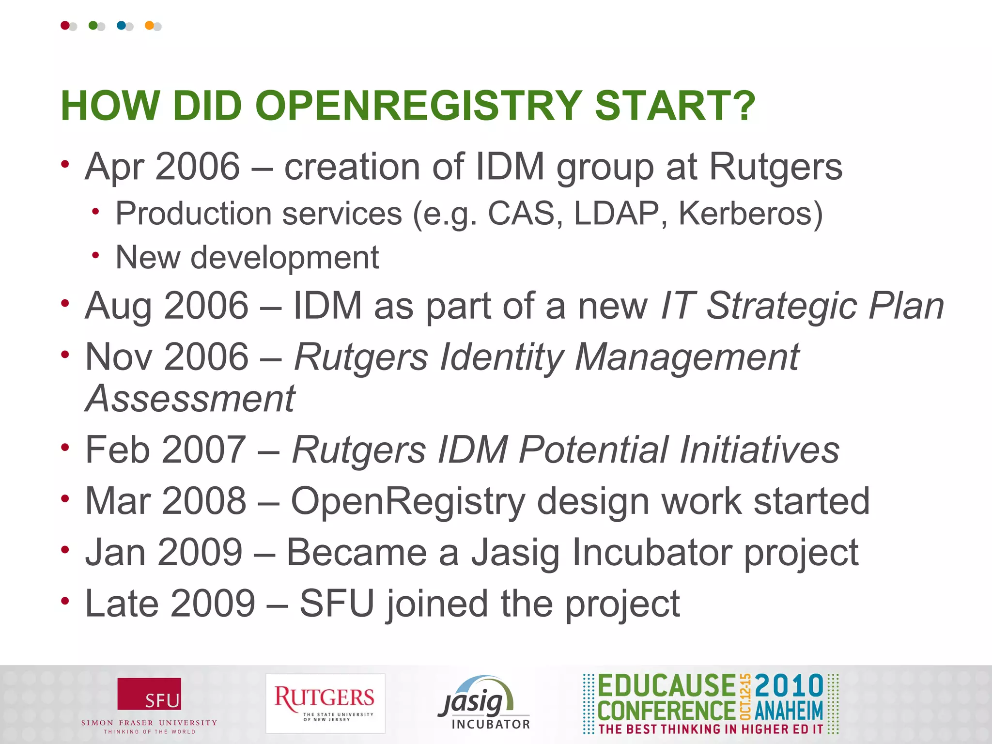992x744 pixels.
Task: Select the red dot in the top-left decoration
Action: click(x=65, y=25)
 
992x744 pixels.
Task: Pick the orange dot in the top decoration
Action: click(x=149, y=25)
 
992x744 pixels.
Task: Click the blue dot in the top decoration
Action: click(x=121, y=25)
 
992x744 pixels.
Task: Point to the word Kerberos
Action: click(x=750, y=213)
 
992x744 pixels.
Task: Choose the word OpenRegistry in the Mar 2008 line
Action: click(x=408, y=501)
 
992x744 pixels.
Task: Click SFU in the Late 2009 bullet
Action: click(x=337, y=604)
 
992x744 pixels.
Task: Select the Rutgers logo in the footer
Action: click(x=325, y=703)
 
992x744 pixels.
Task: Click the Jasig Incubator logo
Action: click(x=483, y=703)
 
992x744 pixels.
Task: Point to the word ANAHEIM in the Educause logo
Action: click(x=789, y=711)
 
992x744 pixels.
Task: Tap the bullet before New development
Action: click(x=96, y=255)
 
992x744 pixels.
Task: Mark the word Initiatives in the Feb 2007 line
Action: click(x=759, y=449)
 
